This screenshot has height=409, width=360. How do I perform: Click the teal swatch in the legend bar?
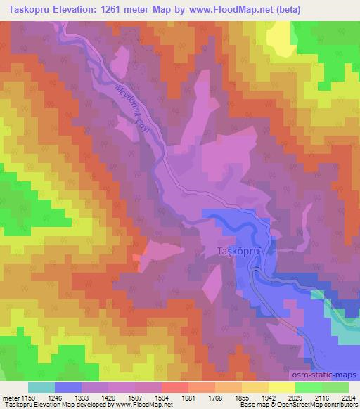[41, 387]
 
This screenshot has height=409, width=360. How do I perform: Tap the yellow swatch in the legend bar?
[255, 387]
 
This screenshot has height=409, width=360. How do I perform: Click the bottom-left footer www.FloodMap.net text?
[143, 405]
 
